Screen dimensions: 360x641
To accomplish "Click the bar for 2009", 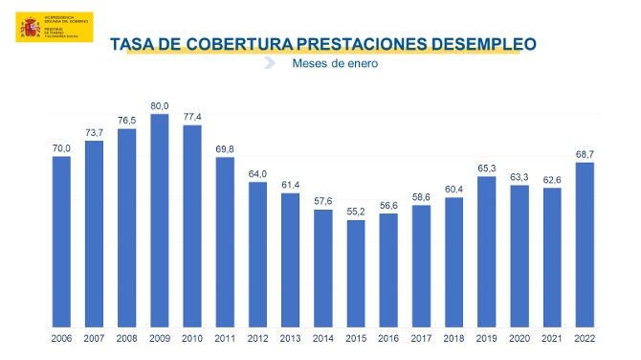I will pyautogui.click(x=160, y=220).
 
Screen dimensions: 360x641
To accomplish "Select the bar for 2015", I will pyautogui.click(x=356, y=273).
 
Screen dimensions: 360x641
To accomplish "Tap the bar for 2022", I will pyautogui.click(x=585, y=244).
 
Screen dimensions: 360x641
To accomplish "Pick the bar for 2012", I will pyautogui.click(x=257, y=254).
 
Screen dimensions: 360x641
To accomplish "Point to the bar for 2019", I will pyautogui.click(x=487, y=251).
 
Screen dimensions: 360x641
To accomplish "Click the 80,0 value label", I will pyautogui.click(x=160, y=105).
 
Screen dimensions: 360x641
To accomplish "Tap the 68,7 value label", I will pyautogui.click(x=585, y=153).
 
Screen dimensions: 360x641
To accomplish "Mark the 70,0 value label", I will pyautogui.click(x=61, y=147).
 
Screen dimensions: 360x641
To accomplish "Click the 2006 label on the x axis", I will pyautogui.click(x=61, y=338).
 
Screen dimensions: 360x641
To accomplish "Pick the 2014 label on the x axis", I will pyautogui.click(x=323, y=338).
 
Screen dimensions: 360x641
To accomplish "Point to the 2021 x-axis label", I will pyautogui.click(x=552, y=338).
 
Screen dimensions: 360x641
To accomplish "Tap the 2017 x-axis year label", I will pyautogui.click(x=421, y=338).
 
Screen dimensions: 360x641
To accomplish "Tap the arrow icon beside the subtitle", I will pyautogui.click(x=270, y=64).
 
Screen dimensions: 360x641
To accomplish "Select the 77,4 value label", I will pyautogui.click(x=192, y=116).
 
